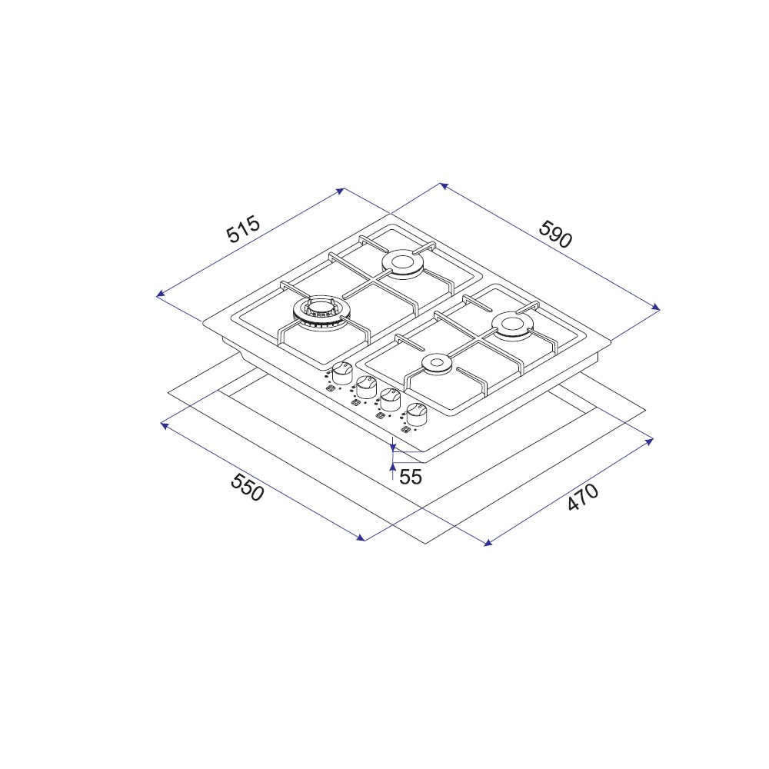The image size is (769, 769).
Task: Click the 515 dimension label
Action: click(243, 229)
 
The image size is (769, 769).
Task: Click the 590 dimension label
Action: click(556, 235)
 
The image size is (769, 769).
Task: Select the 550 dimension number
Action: click(247, 487)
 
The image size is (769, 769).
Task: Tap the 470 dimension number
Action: click(583, 497)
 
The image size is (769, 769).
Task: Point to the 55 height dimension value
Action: click(411, 477)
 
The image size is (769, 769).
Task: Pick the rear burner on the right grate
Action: click(512, 325)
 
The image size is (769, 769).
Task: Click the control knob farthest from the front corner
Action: click(342, 373)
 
